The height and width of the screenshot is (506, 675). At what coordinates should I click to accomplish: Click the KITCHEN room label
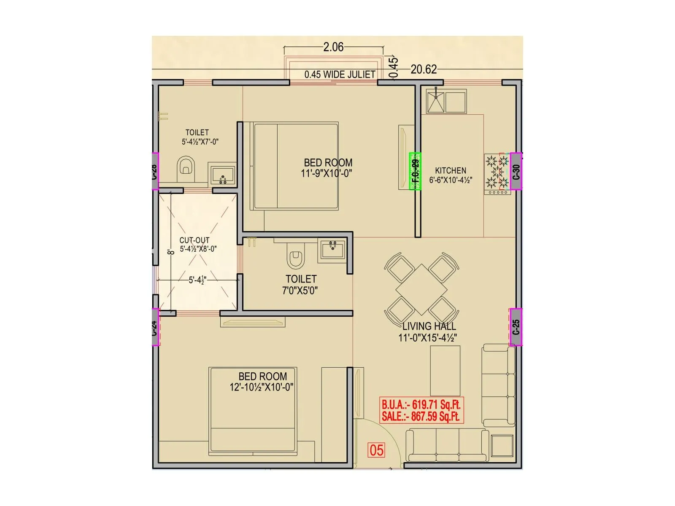pos(451,170)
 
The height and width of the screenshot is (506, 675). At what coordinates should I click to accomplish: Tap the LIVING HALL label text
pos(429,326)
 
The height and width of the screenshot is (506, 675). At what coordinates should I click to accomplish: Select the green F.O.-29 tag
pos(416,171)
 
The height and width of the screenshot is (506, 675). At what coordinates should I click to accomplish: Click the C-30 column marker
pos(516,171)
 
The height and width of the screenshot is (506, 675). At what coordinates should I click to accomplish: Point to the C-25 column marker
pos(516,327)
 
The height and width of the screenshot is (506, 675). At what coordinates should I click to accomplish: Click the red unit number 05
pos(376,450)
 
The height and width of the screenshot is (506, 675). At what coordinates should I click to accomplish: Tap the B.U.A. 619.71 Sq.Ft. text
pos(421,404)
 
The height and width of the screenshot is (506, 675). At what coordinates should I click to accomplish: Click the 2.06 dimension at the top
pos(333,47)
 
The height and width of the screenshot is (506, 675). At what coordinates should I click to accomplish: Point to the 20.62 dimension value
pos(424,69)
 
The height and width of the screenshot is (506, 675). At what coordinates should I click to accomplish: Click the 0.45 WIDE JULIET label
pos(340,75)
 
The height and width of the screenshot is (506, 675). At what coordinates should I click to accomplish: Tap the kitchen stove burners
pos(497,172)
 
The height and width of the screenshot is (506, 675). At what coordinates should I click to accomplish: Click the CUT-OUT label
pos(194,240)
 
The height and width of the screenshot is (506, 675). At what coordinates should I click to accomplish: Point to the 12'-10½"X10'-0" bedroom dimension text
pos(262,387)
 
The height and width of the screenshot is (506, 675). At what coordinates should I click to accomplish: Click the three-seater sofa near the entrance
pos(447,446)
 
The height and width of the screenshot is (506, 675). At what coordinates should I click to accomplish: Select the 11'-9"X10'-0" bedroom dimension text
pos(327,173)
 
